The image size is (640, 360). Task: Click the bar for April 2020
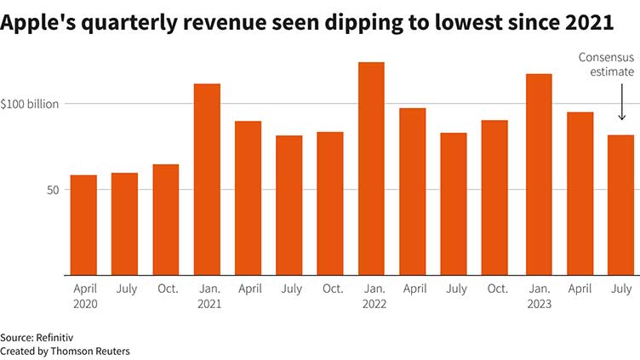[x=83, y=226]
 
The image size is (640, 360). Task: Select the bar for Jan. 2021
[x=207, y=180]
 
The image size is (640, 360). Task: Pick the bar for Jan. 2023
[x=539, y=174]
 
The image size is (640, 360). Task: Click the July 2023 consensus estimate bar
[x=621, y=205]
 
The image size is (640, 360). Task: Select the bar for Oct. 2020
[x=166, y=220]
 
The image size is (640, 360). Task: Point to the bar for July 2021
[x=289, y=205]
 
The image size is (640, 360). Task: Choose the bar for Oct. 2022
[x=494, y=197]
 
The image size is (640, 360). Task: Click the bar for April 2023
[x=580, y=193]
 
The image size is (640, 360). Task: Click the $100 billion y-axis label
[x=30, y=104]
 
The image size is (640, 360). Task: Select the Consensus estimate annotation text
[x=607, y=65]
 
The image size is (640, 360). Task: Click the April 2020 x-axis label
[x=85, y=296]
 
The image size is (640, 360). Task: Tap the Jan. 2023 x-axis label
[x=539, y=296]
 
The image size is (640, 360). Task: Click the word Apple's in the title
[x=41, y=25]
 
